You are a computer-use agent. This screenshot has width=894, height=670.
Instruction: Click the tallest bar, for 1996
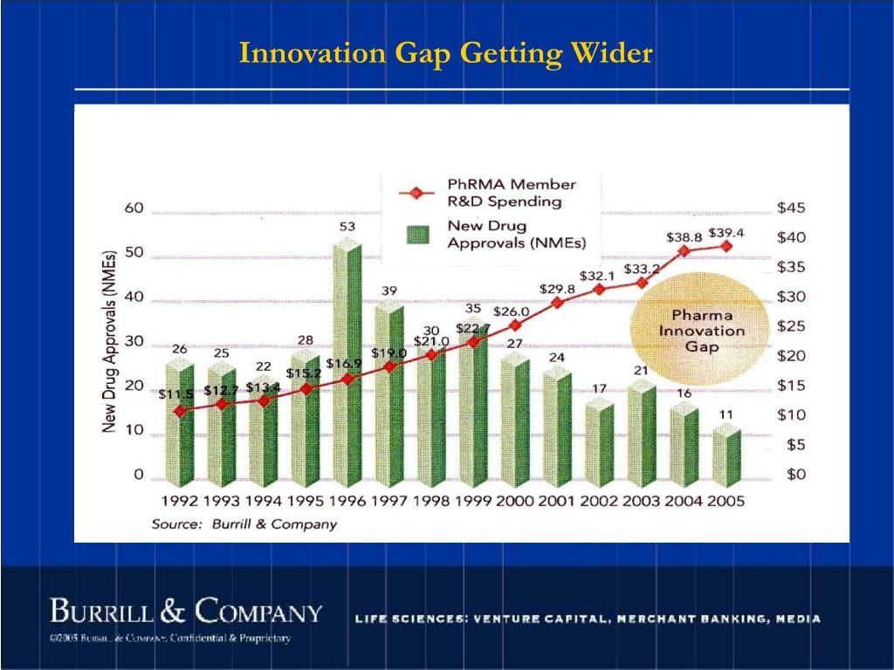coord(347,366)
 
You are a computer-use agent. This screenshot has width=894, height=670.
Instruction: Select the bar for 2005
coord(726,455)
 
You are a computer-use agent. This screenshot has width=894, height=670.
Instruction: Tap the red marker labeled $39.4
coord(726,246)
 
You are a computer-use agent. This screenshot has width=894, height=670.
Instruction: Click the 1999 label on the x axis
coord(474,502)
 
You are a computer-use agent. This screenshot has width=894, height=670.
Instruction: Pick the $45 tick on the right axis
coord(792,208)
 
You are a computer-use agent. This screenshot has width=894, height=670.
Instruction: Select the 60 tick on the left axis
coord(134,209)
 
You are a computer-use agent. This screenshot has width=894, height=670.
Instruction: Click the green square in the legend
coord(420,234)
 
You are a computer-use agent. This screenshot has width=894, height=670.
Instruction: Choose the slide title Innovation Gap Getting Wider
coord(446,54)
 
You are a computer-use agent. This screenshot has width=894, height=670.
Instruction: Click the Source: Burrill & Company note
coord(244,524)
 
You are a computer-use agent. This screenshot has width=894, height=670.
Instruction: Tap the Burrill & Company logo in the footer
coord(186,611)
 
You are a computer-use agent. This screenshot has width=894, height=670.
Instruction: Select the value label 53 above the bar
coord(347,227)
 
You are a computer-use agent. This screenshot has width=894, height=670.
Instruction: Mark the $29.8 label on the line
coord(557,289)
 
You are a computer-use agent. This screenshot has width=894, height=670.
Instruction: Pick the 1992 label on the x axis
coord(179,502)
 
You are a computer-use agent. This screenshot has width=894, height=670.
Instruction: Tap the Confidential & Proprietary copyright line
coord(170,639)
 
